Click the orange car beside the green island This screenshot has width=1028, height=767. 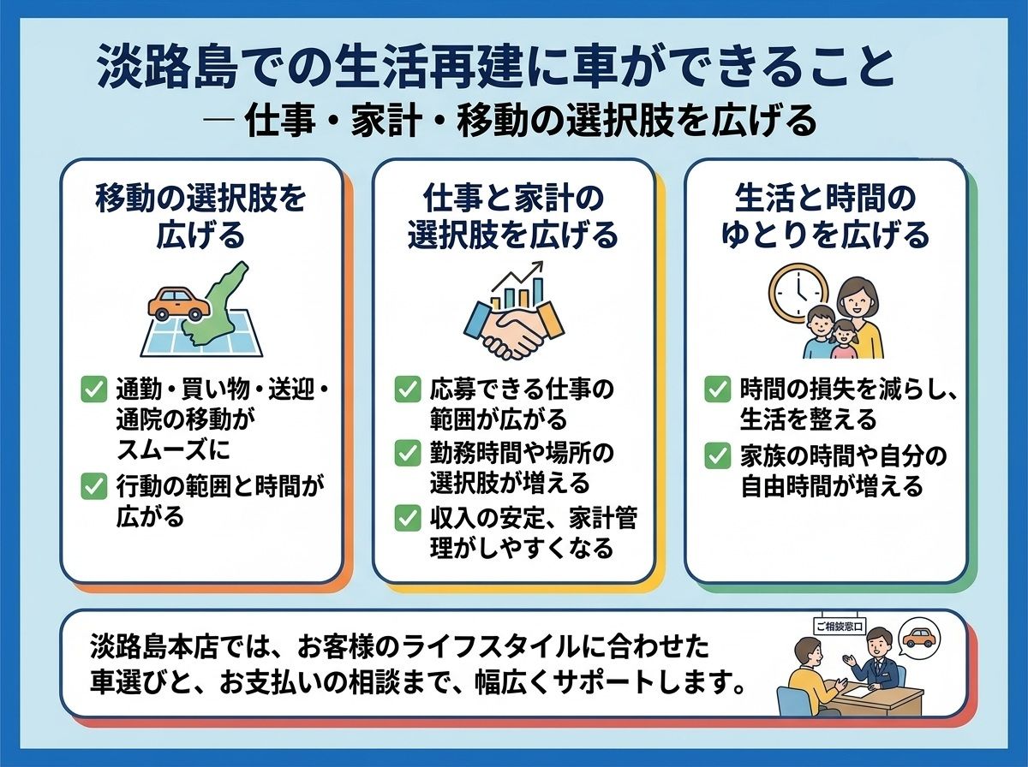pos(179,304)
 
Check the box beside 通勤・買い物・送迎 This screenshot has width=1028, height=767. pos(94,389)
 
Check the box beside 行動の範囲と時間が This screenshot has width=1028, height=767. pos(94,487)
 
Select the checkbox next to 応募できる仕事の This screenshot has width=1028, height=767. pos(408,389)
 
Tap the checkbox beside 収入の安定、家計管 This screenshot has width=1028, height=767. pos(408,518)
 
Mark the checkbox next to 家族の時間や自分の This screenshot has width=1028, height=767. pos(718,455)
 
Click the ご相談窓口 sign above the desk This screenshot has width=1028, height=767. pos(840,626)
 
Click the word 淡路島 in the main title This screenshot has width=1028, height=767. pos(166,67)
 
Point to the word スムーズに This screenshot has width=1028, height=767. pos(173,450)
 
